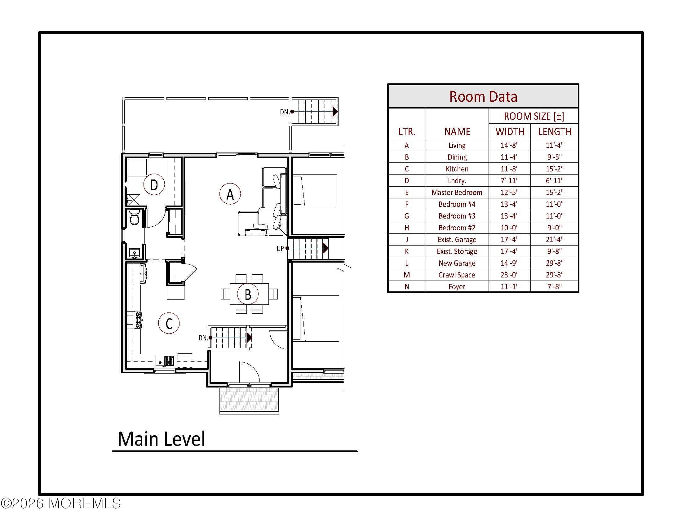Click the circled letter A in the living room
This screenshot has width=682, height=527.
230,194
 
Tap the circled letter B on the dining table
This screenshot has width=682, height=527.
248,294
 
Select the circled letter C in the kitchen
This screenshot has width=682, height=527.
169,323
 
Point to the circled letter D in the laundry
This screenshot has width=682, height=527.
154,185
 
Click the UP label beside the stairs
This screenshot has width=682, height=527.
280,249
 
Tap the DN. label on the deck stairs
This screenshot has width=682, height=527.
284,112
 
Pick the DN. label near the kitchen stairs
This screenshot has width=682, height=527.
203,338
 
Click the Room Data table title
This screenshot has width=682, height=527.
483,97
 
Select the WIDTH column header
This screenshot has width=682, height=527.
510,132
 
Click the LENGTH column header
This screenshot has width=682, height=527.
555,132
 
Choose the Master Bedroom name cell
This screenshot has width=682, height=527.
457,193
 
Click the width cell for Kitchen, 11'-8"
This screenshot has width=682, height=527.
510,169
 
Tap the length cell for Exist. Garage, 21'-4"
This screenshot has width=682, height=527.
555,240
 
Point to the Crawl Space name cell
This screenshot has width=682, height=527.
457,275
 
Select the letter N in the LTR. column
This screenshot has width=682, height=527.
407,287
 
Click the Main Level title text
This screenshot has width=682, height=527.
161,439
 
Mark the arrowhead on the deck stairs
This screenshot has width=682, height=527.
335,112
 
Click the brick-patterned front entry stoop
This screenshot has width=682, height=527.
249,400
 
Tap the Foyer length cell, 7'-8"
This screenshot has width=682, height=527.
555,287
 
